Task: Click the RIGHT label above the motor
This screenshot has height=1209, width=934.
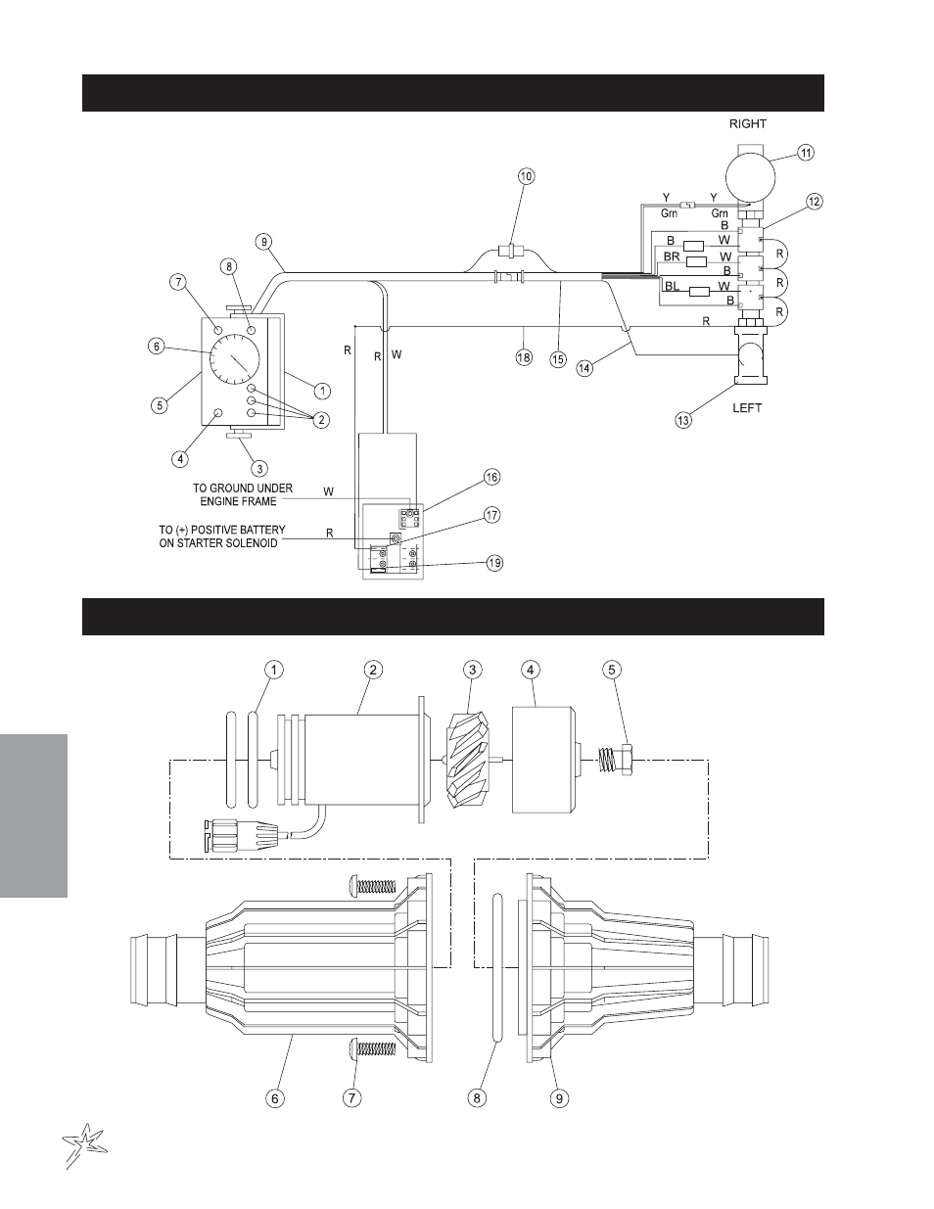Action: [748, 124]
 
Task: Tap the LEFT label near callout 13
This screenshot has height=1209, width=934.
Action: [747, 408]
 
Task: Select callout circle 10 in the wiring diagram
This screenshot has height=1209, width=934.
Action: [527, 176]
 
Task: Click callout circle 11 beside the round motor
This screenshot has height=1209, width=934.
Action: [806, 153]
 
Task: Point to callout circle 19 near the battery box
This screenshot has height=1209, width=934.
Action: [494, 563]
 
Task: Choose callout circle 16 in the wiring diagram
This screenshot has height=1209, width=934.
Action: [491, 477]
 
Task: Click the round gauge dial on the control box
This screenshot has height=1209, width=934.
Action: [235, 359]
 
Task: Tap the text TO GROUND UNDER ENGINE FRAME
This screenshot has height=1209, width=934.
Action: [243, 494]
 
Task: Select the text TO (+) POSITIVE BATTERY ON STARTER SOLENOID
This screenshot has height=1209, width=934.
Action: [222, 536]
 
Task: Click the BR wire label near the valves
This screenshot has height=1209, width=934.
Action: [672, 257]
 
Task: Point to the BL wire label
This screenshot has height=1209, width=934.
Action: [672, 286]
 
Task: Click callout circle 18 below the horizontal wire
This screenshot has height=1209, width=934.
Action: [524, 356]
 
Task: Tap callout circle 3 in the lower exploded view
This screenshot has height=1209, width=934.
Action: [472, 670]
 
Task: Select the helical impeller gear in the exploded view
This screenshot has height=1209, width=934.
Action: [468, 760]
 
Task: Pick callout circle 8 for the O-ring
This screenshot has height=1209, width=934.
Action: [477, 1097]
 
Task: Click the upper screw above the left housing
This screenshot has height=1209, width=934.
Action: [372, 885]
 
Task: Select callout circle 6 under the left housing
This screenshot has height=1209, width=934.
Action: [275, 1097]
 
